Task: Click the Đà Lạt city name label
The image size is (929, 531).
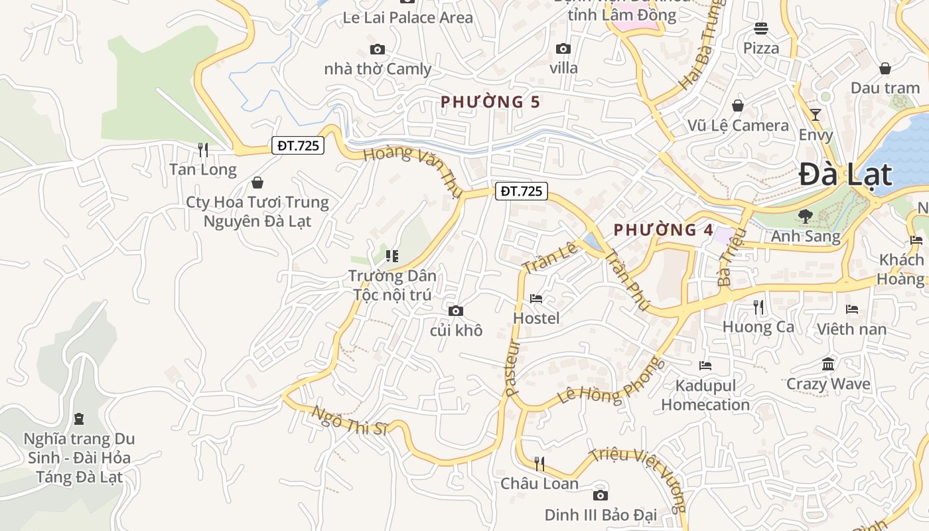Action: (845, 175)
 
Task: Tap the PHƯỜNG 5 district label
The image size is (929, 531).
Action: (490, 102)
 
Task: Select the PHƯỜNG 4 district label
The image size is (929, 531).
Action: (663, 230)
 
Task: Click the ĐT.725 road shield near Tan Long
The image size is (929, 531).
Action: (297, 145)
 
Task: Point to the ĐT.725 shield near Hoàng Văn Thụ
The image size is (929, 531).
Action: (521, 191)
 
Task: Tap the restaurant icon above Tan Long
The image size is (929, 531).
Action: (203, 150)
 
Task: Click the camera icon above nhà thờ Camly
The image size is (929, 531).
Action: (377, 50)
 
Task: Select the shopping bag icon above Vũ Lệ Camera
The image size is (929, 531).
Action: (737, 106)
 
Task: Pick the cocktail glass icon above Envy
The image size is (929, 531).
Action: (816, 115)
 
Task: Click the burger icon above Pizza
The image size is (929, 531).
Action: (760, 29)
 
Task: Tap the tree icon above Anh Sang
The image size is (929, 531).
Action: (805, 216)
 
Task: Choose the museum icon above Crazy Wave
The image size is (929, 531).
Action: (827, 364)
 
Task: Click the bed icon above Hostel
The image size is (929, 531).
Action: (536, 299)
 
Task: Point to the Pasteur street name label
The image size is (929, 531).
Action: (510, 369)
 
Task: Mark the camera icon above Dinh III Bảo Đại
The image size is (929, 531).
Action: (600, 496)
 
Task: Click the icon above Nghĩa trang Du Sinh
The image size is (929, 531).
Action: (79, 419)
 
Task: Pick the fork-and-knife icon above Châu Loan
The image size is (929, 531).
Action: (539, 464)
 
